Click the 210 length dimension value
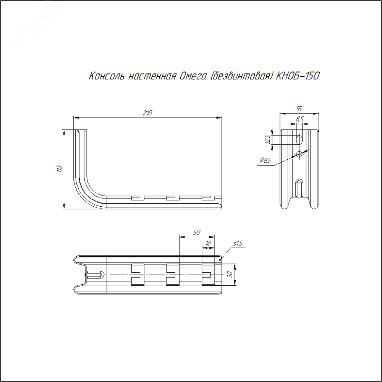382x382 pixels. [147, 113]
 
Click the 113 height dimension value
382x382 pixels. [60, 168]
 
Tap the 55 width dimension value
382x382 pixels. [299, 109]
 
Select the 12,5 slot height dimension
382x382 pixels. [268, 139]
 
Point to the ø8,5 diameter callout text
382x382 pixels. [265, 160]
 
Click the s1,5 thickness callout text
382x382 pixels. [238, 243]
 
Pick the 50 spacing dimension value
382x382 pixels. [197, 232]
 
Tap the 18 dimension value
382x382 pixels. [208, 243]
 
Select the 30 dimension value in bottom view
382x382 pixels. [230, 275]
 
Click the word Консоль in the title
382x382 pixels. [106, 76]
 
